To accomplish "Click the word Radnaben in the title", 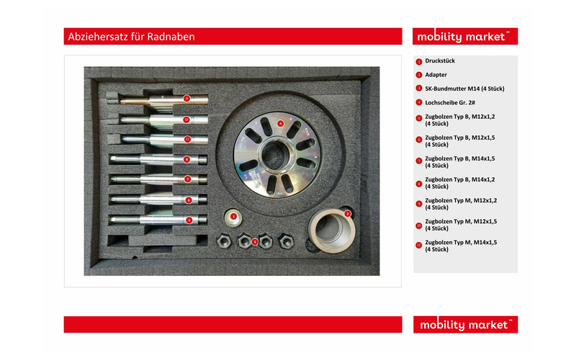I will click(171, 36).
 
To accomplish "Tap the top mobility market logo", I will click(465, 36).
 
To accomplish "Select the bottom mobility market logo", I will click(465, 325).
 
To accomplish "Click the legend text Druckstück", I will click(440, 61).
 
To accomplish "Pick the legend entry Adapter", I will click(436, 74).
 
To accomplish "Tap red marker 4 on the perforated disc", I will click(280, 123).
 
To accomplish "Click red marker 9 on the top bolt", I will click(186, 98).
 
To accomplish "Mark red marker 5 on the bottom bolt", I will click(189, 220).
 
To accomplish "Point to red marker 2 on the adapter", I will click(348, 213).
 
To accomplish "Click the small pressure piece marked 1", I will click(233, 216).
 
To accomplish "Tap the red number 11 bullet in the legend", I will click(419, 246).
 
